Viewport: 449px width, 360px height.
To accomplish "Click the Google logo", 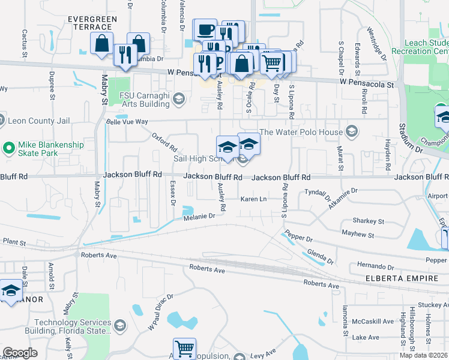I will [20, 353].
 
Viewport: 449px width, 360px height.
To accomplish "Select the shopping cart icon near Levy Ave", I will [184, 349].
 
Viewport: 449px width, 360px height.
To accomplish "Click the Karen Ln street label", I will [253, 199].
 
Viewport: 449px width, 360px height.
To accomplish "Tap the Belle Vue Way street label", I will [127, 121].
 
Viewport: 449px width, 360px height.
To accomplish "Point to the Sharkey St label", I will [367, 221].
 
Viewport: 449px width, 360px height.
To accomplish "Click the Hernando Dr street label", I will [373, 266].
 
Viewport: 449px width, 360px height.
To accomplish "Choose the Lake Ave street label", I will [366, 338].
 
